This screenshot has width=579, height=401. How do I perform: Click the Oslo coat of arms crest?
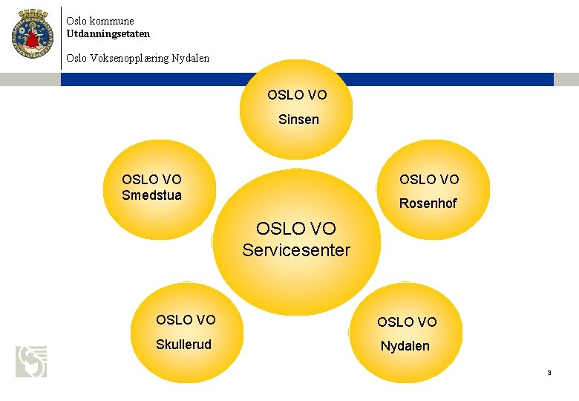click(33, 33)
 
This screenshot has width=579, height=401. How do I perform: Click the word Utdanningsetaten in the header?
click(108, 33)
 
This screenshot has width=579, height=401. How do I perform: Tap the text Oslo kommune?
click(99, 22)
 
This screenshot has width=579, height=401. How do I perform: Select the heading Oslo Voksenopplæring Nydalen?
click(137, 57)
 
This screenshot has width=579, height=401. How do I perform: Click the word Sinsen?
click(298, 119)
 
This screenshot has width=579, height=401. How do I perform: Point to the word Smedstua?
click(151, 195)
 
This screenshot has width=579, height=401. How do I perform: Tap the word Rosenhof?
click(429, 203)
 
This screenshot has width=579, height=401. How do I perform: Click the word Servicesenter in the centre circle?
click(295, 250)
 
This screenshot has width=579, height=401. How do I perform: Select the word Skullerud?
click(183, 344)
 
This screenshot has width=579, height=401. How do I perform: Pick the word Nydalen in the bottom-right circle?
click(405, 345)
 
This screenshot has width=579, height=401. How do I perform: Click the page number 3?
click(549, 372)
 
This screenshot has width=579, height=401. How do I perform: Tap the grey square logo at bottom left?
click(31, 362)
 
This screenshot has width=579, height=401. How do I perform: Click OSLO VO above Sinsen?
click(297, 95)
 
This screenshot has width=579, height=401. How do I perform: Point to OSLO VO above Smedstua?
click(151, 179)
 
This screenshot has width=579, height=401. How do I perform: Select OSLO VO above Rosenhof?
click(429, 179)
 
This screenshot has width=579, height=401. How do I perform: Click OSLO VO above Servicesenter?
click(295, 229)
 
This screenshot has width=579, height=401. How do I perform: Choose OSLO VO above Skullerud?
click(186, 320)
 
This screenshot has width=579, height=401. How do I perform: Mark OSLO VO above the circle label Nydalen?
click(407, 322)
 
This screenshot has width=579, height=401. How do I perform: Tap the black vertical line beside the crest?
click(61, 37)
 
